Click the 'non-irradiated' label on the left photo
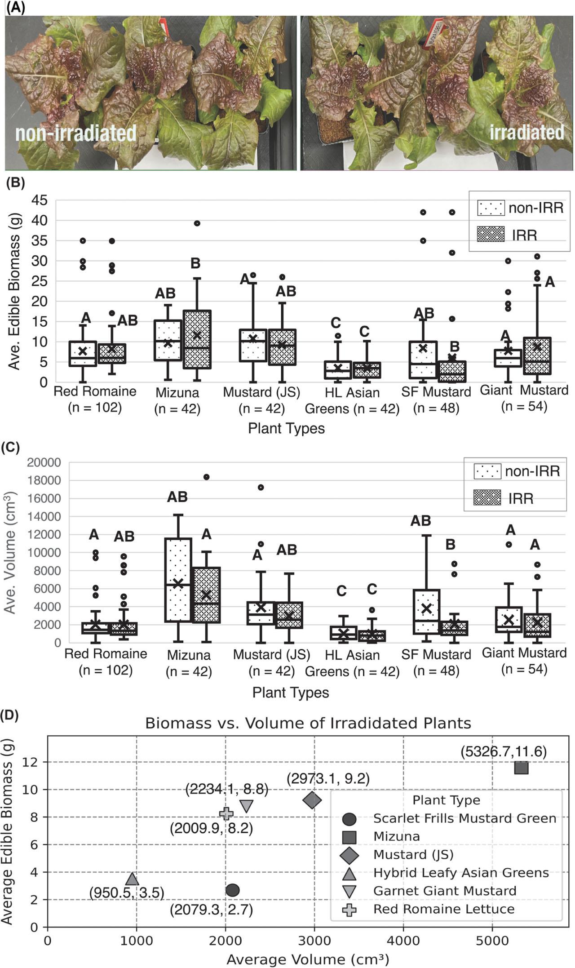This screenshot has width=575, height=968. (76, 133)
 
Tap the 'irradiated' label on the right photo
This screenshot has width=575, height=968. (526, 132)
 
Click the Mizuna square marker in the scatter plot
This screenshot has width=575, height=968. (521, 768)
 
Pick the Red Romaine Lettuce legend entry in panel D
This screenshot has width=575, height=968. (443, 909)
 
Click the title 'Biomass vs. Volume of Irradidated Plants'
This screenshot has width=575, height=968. (308, 723)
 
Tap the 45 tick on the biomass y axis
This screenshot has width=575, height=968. (40, 200)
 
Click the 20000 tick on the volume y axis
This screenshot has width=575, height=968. (44, 462)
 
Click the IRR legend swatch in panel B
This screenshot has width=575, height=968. (491, 235)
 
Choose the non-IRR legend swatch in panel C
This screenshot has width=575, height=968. (487, 471)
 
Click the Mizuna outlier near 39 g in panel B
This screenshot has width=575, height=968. (197, 223)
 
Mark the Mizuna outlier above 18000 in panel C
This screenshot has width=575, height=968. (206, 477)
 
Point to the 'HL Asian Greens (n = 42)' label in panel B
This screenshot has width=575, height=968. (352, 400)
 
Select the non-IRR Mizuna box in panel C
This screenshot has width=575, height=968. (178, 580)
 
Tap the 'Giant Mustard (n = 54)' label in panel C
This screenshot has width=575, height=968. (524, 661)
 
